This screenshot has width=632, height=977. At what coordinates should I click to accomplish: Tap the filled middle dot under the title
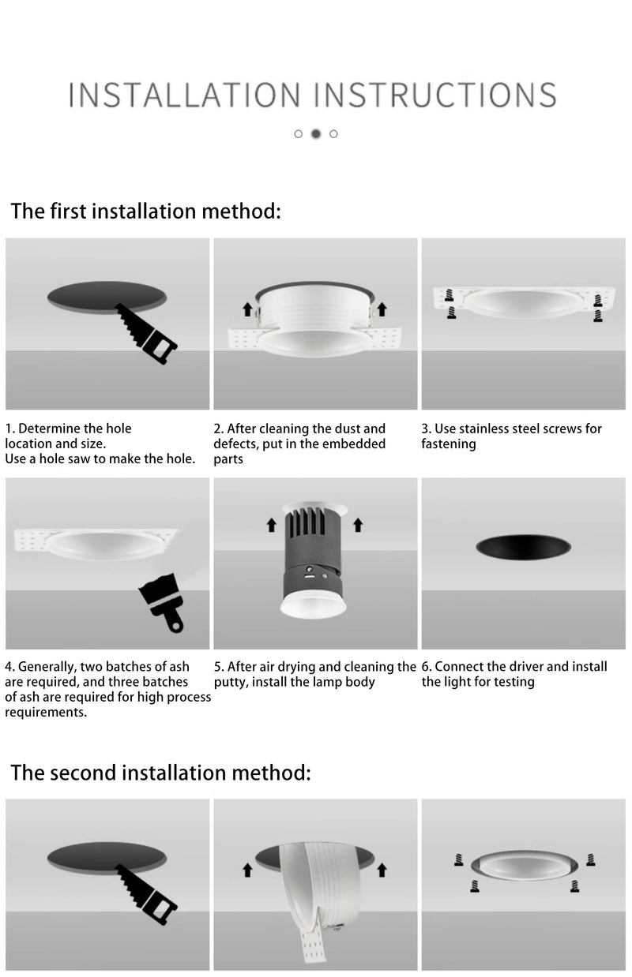tap(316, 133)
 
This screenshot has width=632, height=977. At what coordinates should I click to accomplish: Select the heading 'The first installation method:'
tap(145, 211)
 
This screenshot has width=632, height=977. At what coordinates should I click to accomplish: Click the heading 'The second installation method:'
tap(160, 773)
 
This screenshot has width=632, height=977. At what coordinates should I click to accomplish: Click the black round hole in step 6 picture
tap(524, 548)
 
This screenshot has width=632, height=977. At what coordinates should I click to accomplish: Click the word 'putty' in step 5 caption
tap(231, 682)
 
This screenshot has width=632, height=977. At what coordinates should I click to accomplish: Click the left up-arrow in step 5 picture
tap(272, 523)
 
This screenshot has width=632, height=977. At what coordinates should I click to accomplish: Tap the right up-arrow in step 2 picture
tap(382, 309)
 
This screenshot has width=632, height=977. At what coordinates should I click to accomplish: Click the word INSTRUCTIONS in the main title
tap(435, 95)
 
